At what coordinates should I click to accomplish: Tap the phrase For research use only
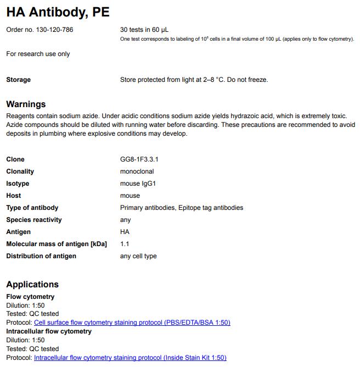coord(38,54)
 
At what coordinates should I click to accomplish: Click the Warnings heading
coord(26,104)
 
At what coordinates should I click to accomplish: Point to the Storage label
coord(18,80)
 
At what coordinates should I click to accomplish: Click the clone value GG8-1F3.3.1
coord(139,159)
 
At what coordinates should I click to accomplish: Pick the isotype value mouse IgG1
coord(138,183)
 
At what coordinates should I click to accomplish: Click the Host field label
coord(14,196)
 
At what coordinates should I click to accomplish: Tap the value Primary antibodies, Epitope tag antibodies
coord(181,208)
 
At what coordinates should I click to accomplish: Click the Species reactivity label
coord(34,220)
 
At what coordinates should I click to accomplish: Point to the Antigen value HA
coord(125,232)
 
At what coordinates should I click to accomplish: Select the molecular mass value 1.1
coord(125,244)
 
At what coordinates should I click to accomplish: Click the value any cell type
coord(138,256)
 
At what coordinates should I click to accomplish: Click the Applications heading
coord(32,285)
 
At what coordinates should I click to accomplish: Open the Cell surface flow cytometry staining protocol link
coord(132,322)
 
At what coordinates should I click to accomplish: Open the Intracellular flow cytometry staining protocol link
coord(130,358)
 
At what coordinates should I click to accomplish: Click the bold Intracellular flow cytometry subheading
coord(49,331)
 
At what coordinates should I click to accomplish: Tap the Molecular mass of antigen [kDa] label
coord(57,244)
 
